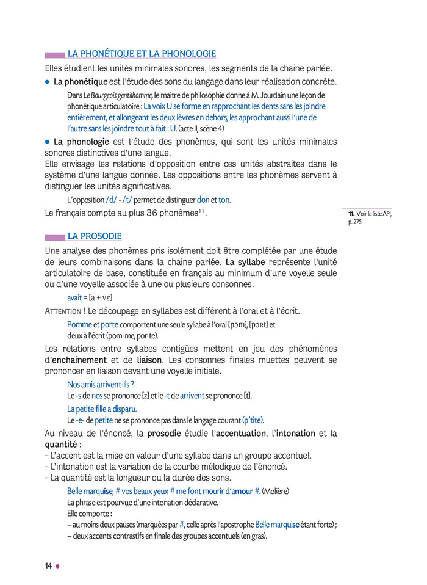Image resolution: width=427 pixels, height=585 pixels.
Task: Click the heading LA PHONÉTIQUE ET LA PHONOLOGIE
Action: pyautogui.click(x=142, y=54)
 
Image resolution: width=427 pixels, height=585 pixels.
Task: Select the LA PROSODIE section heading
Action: pyautogui.click(x=95, y=236)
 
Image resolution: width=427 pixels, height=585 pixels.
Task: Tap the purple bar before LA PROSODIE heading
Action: pyautogui.click(x=55, y=237)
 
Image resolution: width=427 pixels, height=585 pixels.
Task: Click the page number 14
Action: pyautogui.click(x=48, y=565)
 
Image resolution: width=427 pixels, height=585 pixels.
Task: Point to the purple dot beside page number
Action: pyautogui.click(x=58, y=566)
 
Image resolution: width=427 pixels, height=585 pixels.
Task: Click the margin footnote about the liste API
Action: pyautogui.click(x=370, y=217)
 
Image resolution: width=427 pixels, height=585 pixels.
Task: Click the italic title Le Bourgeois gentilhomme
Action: pyautogui.click(x=118, y=95)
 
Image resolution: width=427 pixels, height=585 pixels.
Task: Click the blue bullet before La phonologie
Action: pyautogui.click(x=48, y=141)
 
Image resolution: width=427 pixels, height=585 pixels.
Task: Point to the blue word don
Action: pyautogui.click(x=203, y=200)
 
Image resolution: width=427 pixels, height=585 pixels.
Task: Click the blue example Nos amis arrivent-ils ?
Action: pyautogui.click(x=100, y=385)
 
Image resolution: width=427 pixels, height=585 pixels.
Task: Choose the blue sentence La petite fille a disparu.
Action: pyautogui.click(x=102, y=409)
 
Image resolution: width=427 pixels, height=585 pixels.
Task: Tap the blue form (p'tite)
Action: pyautogui.click(x=253, y=420)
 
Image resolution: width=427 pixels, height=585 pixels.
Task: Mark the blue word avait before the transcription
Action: pyautogui.click(x=74, y=297)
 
